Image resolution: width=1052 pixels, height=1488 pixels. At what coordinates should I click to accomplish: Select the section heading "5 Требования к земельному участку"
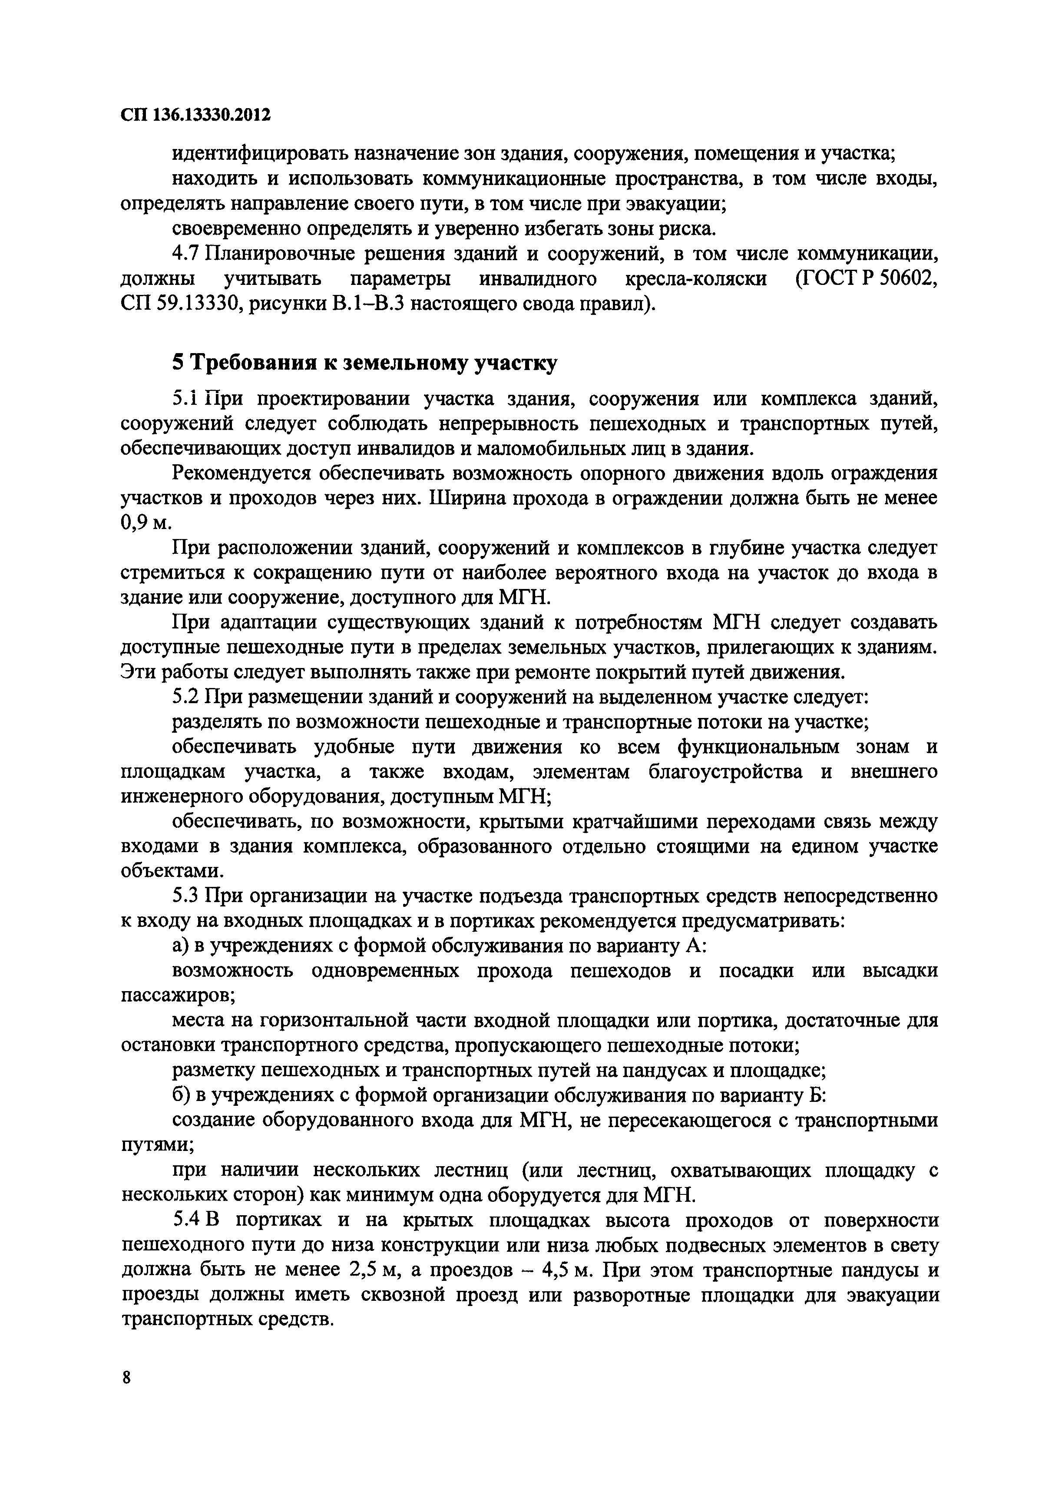364,364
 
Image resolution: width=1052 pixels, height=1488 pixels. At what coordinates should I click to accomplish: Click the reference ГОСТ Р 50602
866,279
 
